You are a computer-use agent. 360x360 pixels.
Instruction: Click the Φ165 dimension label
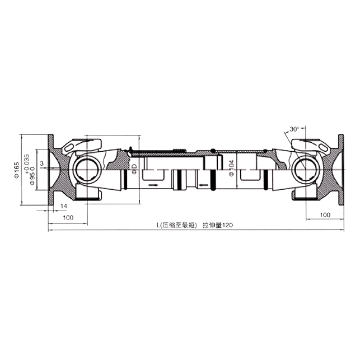click(17, 169)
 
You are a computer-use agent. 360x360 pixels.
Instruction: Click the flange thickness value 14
click(64, 207)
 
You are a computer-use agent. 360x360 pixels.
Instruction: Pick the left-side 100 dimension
click(68, 217)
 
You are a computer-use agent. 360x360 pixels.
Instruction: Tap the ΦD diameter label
click(134, 168)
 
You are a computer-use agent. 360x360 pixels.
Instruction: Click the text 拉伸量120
click(217, 225)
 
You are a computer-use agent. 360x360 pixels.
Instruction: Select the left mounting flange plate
click(52, 167)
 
